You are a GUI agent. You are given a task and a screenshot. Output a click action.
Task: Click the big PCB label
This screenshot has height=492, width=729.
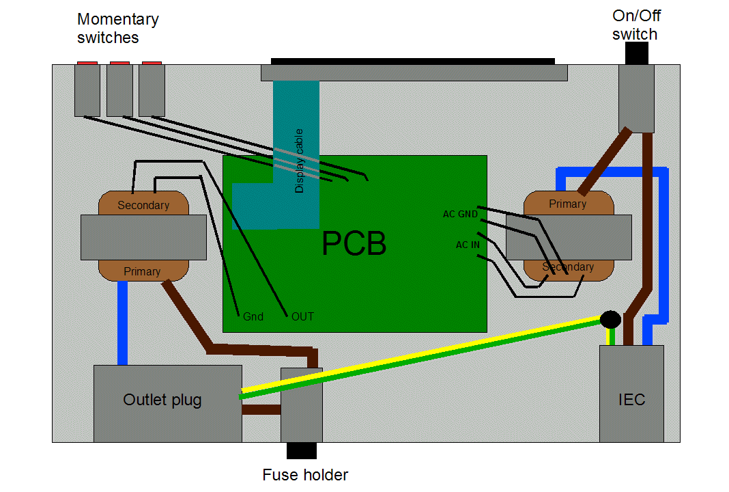coord(354,244)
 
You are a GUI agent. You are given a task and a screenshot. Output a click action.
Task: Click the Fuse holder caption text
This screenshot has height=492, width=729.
coord(305,475)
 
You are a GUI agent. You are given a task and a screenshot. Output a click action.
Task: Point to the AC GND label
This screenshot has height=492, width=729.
coord(460,214)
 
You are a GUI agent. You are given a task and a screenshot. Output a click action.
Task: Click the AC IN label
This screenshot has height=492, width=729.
coord(468,245)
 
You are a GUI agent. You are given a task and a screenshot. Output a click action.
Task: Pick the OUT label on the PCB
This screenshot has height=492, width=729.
coord(302,316)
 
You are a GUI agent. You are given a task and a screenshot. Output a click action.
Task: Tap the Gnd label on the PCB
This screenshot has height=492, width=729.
coord(253,316)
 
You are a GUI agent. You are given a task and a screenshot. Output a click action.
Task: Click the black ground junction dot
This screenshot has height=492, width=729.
coord(610,319)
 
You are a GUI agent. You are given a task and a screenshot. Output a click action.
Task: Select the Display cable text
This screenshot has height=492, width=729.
coord(299,161)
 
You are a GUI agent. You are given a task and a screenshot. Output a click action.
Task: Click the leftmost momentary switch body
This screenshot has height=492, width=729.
coord(87,90)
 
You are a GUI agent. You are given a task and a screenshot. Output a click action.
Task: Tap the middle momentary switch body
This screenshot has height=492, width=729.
coord(119,90)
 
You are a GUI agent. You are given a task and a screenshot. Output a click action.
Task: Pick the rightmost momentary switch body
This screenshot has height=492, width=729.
coord(152,90)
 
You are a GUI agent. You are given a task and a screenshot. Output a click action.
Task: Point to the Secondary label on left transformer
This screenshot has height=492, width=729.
coord(143,205)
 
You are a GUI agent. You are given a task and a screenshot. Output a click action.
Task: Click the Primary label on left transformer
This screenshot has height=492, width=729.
coord(142,271)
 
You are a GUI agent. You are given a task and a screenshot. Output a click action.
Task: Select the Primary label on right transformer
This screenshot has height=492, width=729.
coord(567,204)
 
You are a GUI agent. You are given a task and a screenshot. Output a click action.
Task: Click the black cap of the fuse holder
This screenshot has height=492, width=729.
coord(301,451)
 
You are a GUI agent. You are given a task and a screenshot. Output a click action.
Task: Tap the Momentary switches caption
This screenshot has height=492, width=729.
coord(117,28)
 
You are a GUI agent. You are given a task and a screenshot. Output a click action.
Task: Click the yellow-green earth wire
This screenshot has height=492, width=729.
coord(423,357)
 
